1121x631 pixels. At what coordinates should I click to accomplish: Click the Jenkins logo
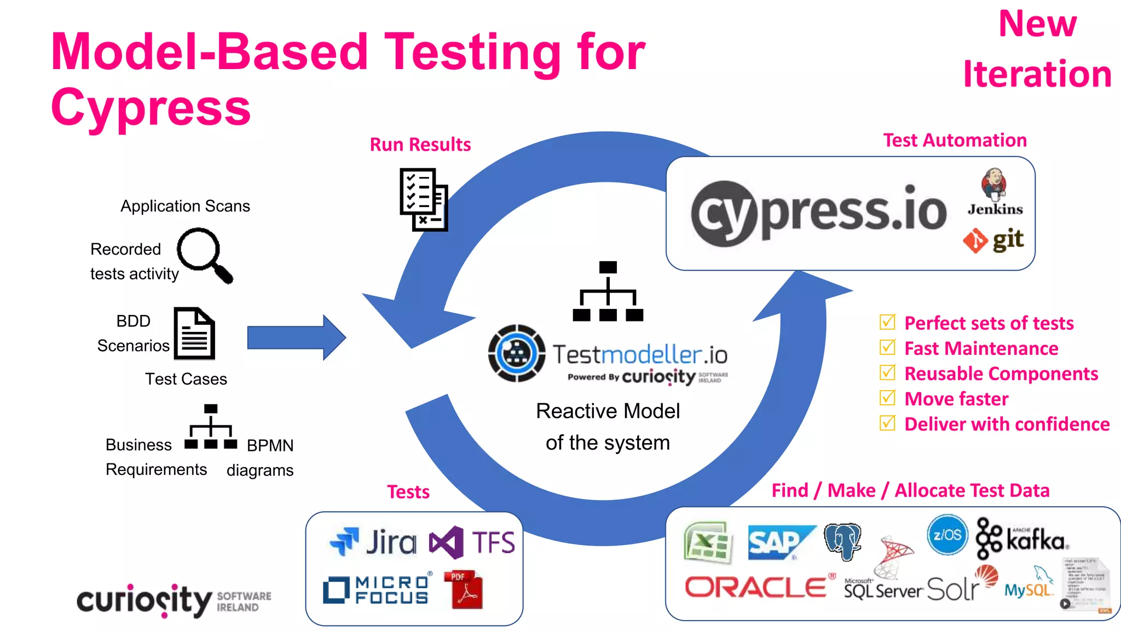[x=995, y=192]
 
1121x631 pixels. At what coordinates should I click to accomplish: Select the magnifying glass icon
[x=204, y=255]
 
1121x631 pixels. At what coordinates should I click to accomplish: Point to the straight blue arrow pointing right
[x=296, y=337]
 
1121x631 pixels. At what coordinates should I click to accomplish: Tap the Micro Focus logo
[x=377, y=590]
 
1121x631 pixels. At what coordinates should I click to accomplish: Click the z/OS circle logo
[x=947, y=535]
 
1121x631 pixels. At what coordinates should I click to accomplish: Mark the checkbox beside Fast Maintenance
[x=887, y=347]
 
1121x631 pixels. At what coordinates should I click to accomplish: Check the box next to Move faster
[x=887, y=398]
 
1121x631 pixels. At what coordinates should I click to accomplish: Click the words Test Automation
[x=955, y=140]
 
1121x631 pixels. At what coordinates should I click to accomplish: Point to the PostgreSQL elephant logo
[x=843, y=541]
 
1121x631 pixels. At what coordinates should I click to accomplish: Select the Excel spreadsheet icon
[x=708, y=542]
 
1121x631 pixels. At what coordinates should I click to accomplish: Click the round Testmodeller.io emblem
[x=516, y=353]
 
